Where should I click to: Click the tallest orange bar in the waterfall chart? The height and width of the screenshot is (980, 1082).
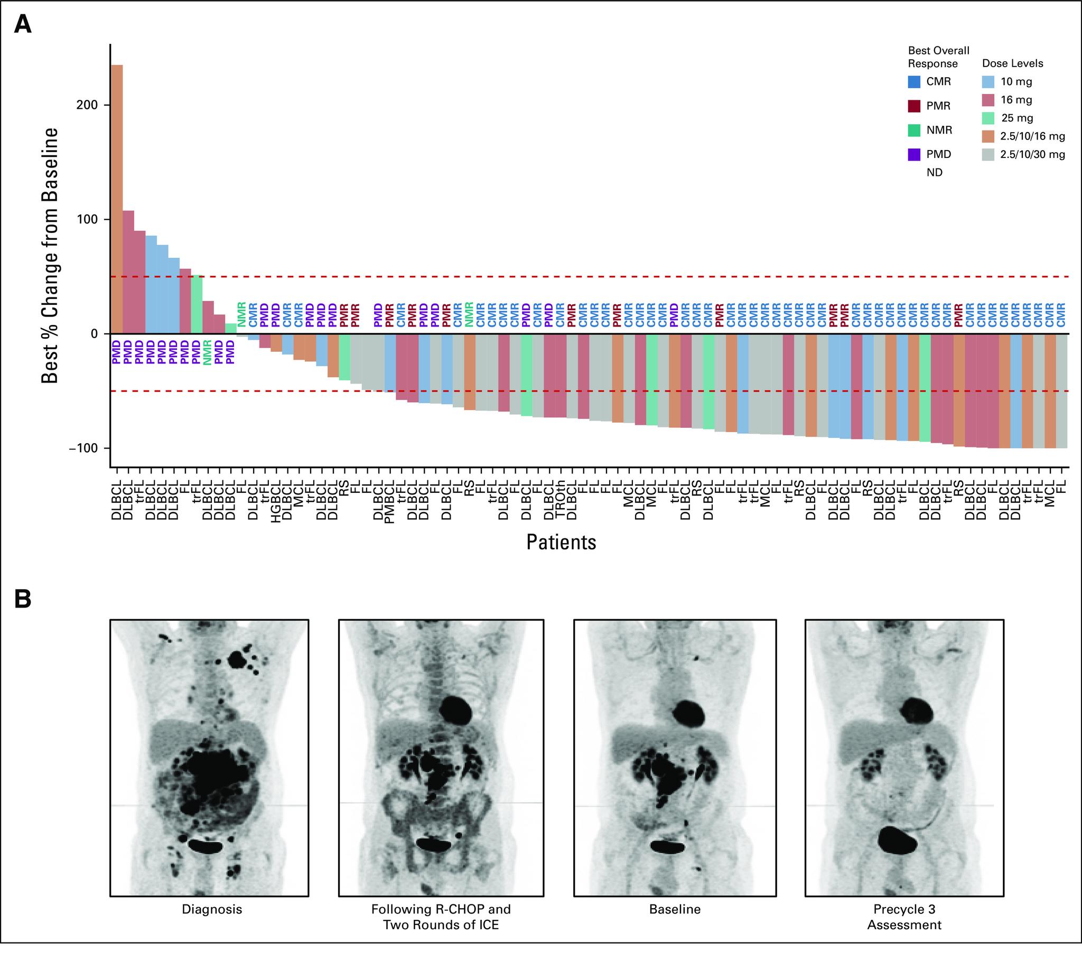click(x=116, y=199)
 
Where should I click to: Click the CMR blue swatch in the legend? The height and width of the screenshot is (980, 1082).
click(x=915, y=81)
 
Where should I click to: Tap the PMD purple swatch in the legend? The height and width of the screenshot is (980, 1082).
click(x=915, y=155)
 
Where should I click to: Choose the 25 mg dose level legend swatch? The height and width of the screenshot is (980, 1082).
click(x=988, y=118)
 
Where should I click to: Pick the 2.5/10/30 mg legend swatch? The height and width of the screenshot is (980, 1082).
click(x=988, y=155)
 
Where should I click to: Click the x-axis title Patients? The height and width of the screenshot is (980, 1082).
click(x=561, y=542)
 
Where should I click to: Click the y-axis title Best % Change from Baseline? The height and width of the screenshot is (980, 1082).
click(x=50, y=255)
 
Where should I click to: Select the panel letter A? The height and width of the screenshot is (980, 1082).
click(x=23, y=25)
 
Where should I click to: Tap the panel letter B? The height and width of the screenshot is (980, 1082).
click(x=23, y=600)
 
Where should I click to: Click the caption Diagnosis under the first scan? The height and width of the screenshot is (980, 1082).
click(x=212, y=910)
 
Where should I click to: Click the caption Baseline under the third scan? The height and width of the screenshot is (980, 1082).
click(x=675, y=910)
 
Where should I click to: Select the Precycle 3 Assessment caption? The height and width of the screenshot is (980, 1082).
click(x=904, y=917)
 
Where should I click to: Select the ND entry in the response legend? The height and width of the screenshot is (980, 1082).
click(x=935, y=173)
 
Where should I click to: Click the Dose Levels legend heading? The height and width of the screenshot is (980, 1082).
click(x=1012, y=63)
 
